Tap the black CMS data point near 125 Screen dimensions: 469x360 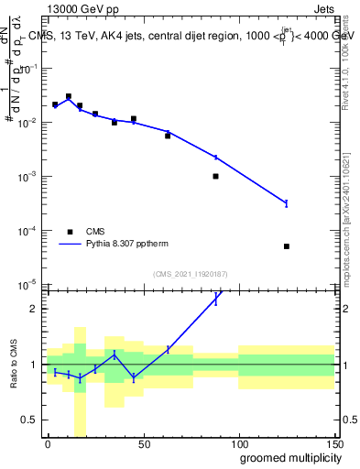(287, 246)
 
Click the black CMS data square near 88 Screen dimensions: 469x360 (215, 176)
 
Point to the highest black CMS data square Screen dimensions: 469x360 (69, 96)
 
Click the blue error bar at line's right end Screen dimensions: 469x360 (287, 202)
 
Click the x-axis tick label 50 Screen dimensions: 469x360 (143, 444)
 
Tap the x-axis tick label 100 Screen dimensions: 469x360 (238, 444)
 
